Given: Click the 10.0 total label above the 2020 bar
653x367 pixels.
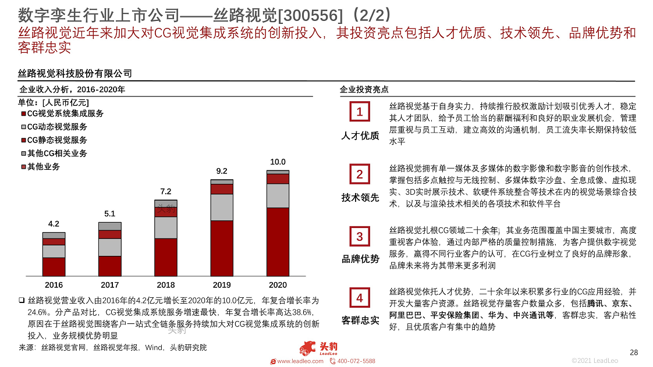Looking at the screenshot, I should click(x=278, y=162).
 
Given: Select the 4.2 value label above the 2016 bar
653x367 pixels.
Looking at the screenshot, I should click(x=54, y=224).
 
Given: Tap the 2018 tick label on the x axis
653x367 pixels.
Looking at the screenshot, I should click(x=165, y=285).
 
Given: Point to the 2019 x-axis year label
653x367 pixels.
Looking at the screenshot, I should click(x=221, y=285).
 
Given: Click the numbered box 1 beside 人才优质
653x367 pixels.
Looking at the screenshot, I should click(x=359, y=112).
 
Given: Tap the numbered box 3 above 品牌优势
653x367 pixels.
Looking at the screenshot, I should click(x=359, y=236).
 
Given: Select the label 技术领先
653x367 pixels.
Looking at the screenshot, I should click(x=360, y=198).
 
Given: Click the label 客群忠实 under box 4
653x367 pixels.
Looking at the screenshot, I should click(x=360, y=320).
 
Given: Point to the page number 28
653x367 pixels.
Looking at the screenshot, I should click(x=634, y=352).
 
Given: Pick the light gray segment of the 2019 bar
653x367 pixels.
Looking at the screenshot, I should click(x=221, y=207).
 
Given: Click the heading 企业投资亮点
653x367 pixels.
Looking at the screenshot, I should click(x=364, y=90).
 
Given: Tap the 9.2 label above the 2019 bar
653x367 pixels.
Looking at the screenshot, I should click(x=221, y=171).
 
